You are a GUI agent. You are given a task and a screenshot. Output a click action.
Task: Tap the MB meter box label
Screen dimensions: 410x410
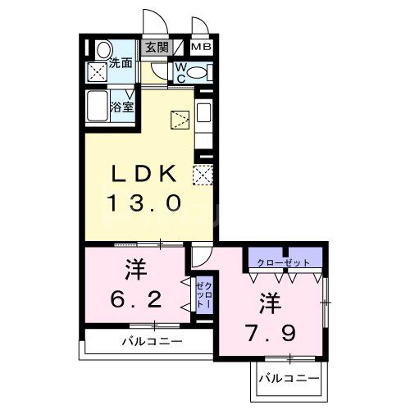click(202, 48)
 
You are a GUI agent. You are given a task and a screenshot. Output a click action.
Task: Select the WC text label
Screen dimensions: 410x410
click(180, 72)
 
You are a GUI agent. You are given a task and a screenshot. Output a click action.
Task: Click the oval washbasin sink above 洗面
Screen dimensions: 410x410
click(102, 50)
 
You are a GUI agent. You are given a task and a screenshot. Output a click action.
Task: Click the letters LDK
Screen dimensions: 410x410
click(144, 174)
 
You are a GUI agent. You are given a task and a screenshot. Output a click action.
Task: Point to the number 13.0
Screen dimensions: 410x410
click(143, 203)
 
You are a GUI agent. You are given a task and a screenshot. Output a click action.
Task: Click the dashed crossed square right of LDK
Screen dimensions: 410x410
click(201, 174)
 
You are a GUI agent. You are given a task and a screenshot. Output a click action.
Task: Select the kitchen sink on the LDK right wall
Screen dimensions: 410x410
click(203, 114)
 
